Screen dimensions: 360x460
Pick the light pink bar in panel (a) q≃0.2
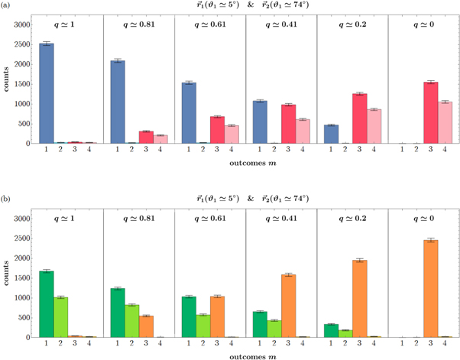(374, 126)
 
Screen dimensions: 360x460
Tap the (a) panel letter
(6, 5)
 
